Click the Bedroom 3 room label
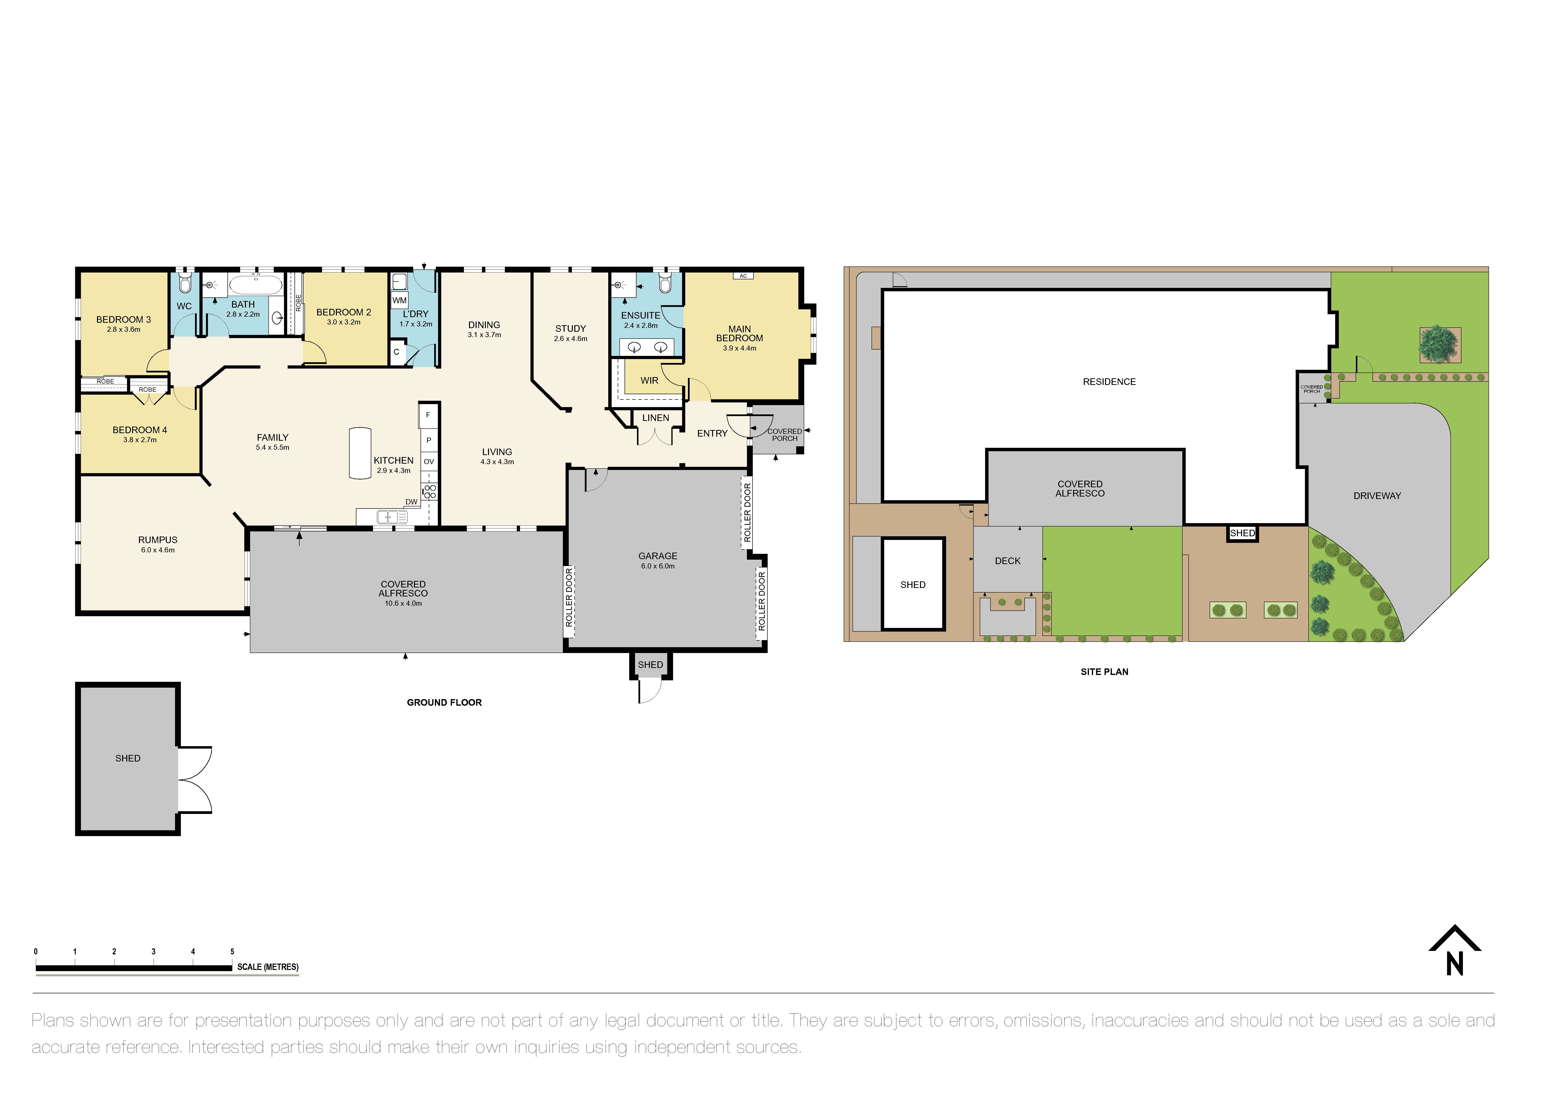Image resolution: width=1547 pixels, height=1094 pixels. click(x=123, y=319)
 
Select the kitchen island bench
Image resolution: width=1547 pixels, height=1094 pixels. click(x=360, y=453)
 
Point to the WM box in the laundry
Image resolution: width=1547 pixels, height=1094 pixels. click(x=400, y=301)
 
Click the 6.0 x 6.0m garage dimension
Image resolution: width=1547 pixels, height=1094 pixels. click(x=658, y=566)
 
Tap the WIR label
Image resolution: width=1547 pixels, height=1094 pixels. click(x=649, y=381)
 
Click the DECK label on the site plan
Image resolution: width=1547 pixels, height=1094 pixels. click(x=1007, y=560)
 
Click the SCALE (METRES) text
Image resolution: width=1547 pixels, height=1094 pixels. click(x=267, y=967)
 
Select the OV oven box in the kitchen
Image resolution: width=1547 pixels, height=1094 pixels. click(x=429, y=461)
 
